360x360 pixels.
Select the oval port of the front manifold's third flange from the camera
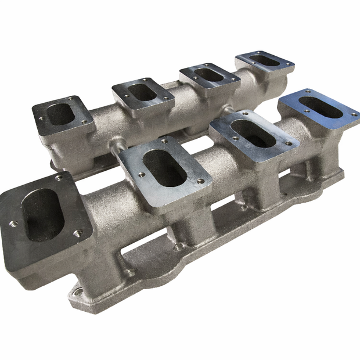[253, 133]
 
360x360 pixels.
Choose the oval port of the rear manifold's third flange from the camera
[209, 75]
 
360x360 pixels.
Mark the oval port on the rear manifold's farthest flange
[265, 60]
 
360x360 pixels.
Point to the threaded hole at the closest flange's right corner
[77, 233]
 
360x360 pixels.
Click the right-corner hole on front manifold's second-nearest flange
[200, 181]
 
